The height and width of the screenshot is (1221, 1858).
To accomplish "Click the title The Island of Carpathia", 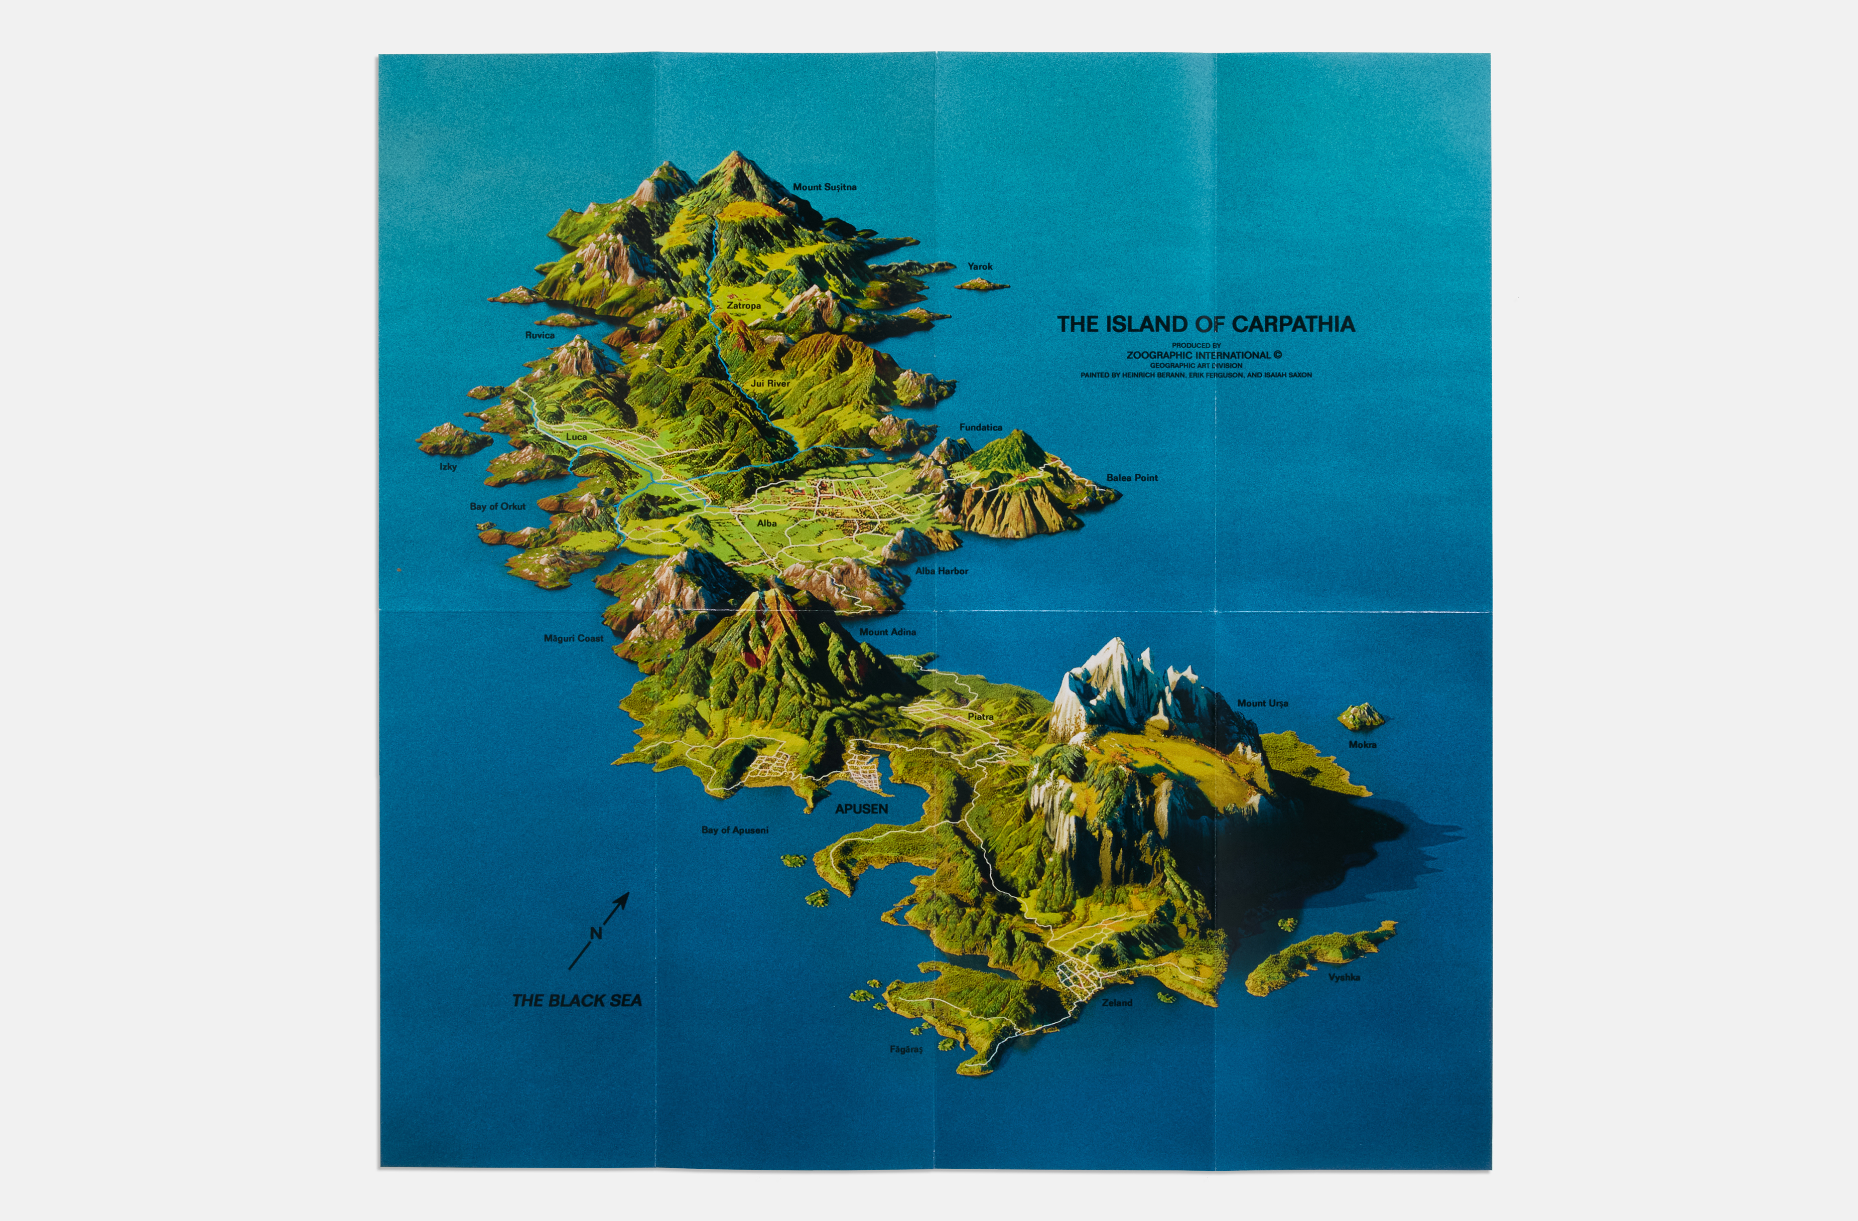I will tap(1206, 324).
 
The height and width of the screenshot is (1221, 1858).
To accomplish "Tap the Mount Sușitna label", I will tap(825, 187).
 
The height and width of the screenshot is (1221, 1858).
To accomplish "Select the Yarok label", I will tap(980, 266).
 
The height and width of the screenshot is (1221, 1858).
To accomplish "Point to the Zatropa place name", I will tap(743, 306).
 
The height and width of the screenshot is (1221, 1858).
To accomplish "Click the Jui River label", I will tap(770, 383).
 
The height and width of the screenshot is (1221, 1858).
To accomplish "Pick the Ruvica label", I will tap(540, 335).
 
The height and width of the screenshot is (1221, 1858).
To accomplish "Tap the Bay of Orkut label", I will tap(497, 507).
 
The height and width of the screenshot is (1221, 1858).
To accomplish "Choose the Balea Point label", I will tap(1131, 478).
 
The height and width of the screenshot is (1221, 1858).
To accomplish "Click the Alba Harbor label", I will tap(942, 571).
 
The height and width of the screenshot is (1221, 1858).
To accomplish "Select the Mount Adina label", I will tap(888, 632).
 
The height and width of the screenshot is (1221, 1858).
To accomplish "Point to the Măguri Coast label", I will tap(573, 639).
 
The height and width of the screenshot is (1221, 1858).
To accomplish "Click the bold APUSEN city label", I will tap(861, 809).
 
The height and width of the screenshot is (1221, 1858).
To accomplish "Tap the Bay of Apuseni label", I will tap(735, 830).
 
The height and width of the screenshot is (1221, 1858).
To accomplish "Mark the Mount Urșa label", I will tap(1262, 704).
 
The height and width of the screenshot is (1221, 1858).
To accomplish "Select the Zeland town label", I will tap(1116, 1002).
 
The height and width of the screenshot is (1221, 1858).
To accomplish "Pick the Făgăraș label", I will tap(905, 1049).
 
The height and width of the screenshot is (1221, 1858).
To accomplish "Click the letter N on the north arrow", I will tap(596, 933).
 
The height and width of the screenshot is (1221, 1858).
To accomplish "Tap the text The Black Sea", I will tap(577, 1000).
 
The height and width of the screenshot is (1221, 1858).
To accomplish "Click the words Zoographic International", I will tap(1199, 355).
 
